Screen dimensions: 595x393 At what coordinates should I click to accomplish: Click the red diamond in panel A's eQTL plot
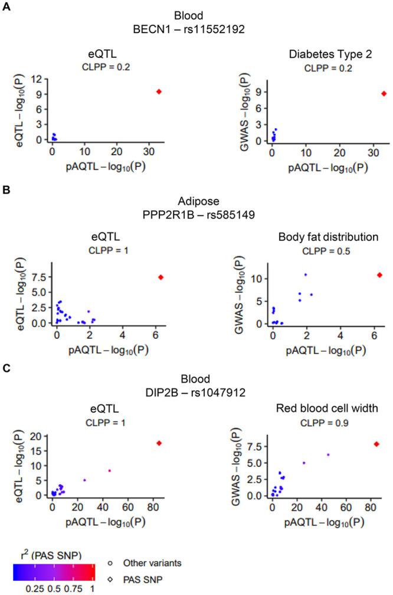coord(159,91)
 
